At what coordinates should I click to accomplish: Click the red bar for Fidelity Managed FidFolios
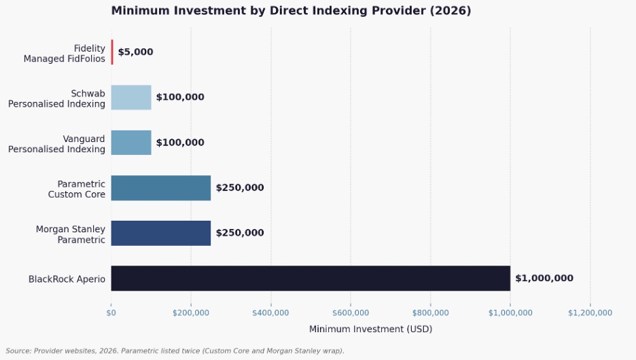[x=112, y=52]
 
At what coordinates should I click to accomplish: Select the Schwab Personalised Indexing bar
[x=131, y=97]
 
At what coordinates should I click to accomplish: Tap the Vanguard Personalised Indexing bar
[x=131, y=143]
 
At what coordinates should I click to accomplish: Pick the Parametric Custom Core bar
[x=160, y=187]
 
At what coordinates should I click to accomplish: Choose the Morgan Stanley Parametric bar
[x=160, y=233]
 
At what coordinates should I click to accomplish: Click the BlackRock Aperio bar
[x=310, y=278]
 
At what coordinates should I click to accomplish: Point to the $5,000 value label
[x=135, y=52]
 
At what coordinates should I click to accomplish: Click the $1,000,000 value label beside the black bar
[x=544, y=278]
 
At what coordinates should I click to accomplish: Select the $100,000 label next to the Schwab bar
[x=180, y=97]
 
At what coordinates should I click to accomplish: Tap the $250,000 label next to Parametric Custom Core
[x=240, y=187]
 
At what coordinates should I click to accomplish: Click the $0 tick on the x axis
[x=111, y=312]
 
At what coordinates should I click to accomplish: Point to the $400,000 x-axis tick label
[x=270, y=312]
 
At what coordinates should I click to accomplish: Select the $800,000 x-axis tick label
[x=430, y=312]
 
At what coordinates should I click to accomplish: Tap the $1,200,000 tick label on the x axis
[x=590, y=312]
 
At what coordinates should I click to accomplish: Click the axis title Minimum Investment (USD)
[x=370, y=329]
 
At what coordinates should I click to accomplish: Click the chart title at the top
[x=291, y=11]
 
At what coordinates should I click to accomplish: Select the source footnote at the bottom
[x=175, y=350]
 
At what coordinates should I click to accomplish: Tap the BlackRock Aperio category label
[x=67, y=278]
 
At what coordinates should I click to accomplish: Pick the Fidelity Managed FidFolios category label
[x=65, y=53]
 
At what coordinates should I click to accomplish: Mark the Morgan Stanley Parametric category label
[x=71, y=234]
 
